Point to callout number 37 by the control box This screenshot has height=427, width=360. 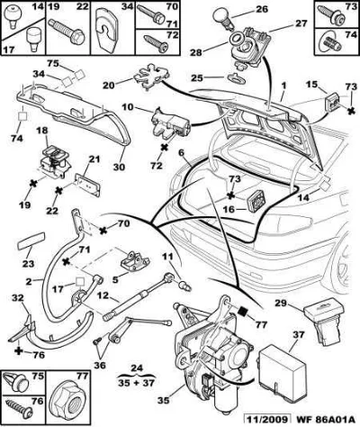299,335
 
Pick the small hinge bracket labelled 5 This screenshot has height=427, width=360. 135,262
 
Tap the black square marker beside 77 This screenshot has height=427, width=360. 243,312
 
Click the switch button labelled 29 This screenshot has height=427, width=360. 325,322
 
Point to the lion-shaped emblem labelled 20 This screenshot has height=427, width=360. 150,78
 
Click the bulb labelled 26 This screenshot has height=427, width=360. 223,18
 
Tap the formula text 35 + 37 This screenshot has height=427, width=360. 138,383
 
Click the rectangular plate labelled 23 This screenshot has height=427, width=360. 31,240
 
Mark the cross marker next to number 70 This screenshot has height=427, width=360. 103,231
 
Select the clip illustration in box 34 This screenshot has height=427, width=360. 108,31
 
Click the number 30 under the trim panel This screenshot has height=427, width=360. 119,167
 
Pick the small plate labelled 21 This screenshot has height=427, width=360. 88,184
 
